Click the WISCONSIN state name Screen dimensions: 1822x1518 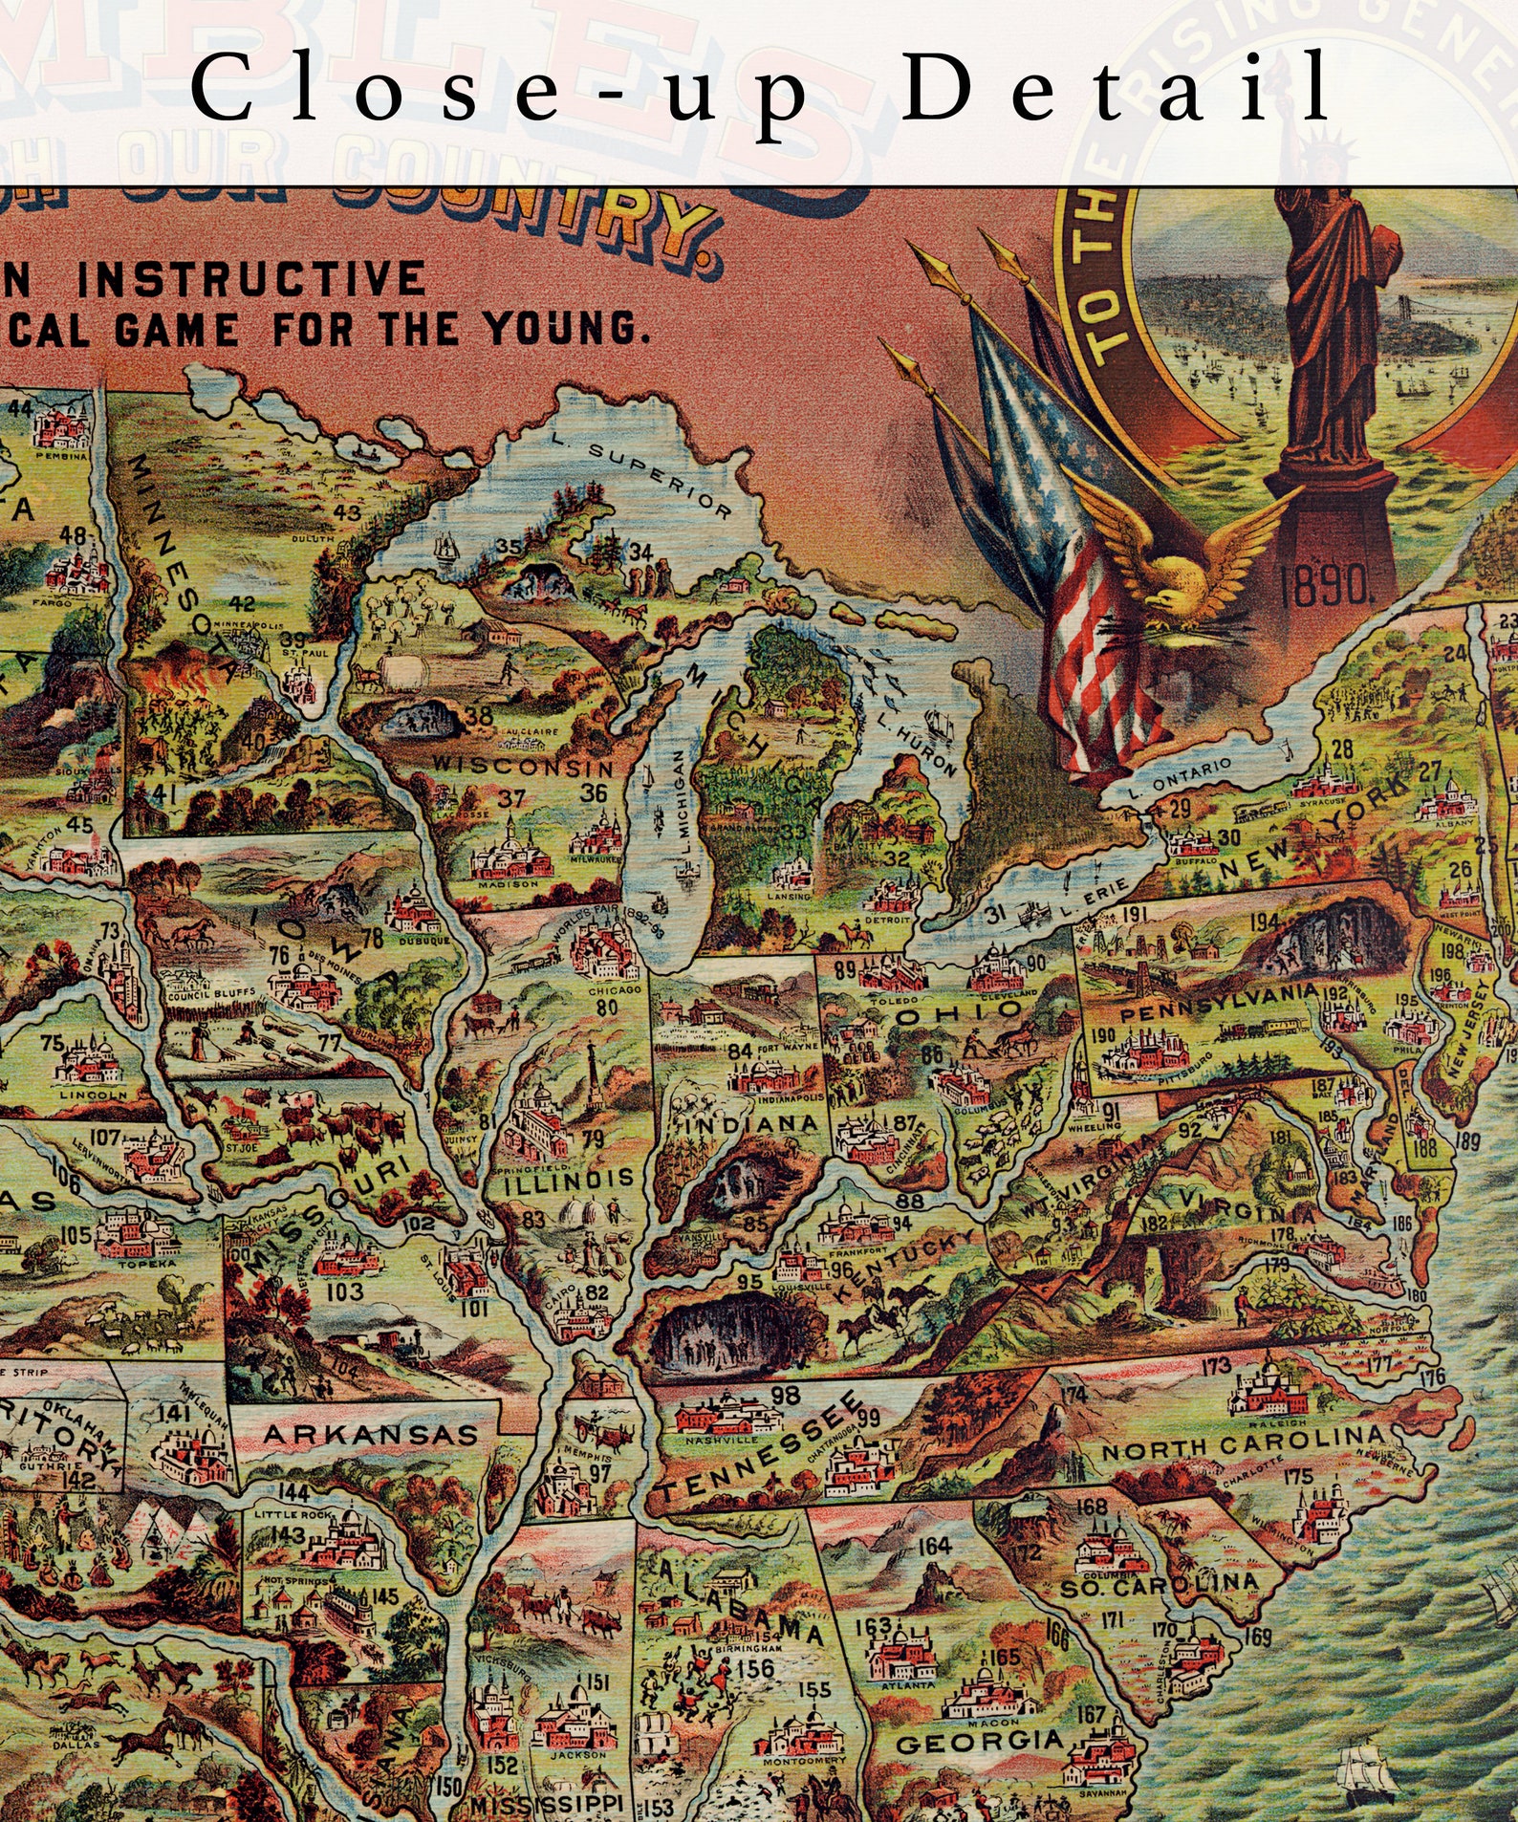click(523, 767)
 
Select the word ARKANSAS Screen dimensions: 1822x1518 click(370, 1435)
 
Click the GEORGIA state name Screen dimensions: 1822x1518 click(980, 1742)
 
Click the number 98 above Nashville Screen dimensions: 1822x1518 click(786, 1395)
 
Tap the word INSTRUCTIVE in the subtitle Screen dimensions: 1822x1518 click(251, 279)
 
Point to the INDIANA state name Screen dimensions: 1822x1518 click(750, 1123)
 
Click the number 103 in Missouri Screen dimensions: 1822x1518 click(344, 1291)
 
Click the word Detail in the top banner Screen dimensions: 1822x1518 click(1116, 88)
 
